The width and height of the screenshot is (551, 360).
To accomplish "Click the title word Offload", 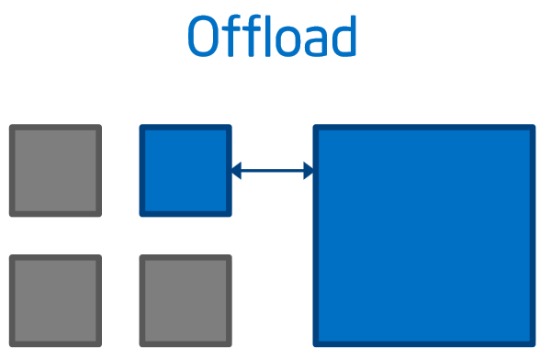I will (272, 37).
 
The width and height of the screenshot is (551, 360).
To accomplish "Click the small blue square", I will (186, 171).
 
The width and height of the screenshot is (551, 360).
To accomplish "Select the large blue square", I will (424, 236).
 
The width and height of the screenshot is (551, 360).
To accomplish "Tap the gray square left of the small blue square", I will (55, 171).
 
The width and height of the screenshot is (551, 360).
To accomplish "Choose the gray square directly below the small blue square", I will (186, 300).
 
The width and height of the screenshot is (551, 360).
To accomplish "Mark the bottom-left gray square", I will (55, 300).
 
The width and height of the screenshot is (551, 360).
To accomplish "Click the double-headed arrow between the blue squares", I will (273, 170).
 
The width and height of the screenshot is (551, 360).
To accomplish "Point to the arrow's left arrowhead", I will (236, 170).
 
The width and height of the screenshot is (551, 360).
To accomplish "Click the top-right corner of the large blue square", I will (533, 128).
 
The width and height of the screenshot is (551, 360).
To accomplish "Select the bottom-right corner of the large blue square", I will (533, 344).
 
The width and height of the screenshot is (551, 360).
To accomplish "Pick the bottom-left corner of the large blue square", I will (316, 344).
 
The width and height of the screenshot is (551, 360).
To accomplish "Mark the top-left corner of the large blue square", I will (316, 128).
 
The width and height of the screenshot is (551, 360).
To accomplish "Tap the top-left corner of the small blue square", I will (142, 128).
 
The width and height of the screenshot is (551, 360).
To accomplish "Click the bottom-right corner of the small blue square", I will (230, 214).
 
